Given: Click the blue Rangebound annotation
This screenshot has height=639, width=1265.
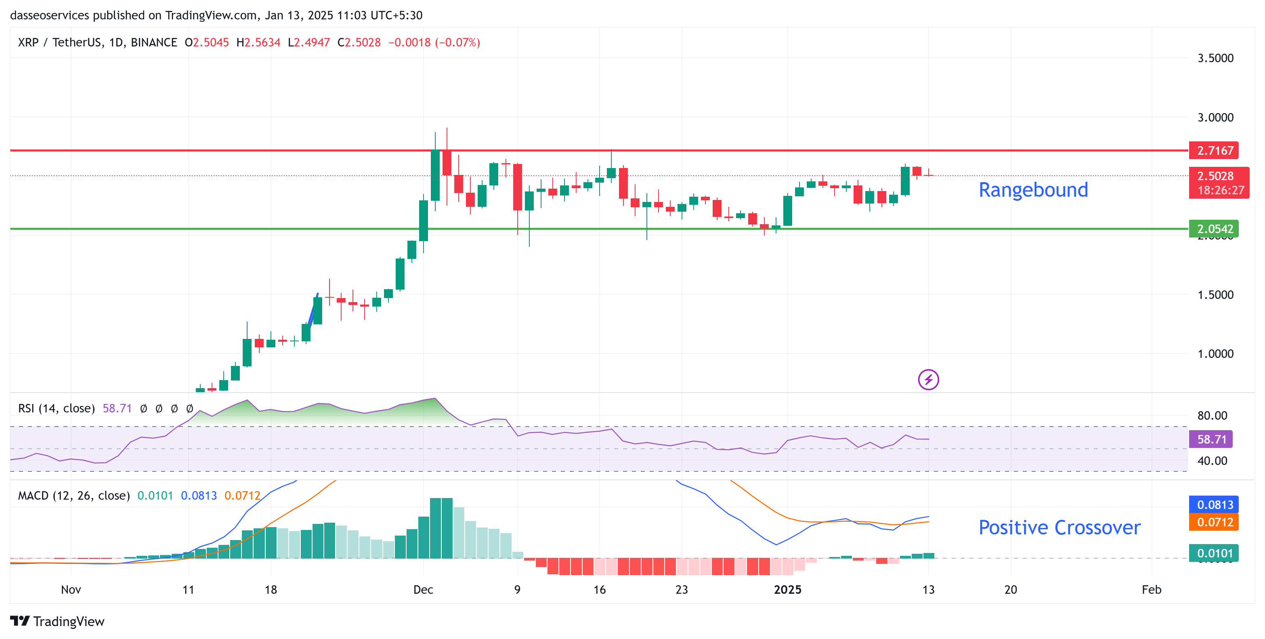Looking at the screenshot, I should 1033,190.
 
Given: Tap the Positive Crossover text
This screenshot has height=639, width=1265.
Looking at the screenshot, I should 1059,528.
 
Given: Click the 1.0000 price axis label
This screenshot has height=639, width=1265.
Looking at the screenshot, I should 1215,354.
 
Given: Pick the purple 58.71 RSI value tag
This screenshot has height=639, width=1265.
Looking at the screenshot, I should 1210,439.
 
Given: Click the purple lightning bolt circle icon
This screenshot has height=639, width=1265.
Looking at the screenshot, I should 928,380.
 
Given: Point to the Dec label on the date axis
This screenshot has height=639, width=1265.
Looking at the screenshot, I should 423,589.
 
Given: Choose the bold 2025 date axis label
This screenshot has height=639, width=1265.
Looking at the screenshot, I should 787,589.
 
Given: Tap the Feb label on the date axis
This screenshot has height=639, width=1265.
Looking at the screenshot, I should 1151,589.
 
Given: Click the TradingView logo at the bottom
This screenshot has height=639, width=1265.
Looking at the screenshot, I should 57,621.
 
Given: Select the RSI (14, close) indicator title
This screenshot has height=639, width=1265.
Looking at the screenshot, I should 57,408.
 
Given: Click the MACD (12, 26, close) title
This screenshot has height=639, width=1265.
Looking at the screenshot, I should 73,496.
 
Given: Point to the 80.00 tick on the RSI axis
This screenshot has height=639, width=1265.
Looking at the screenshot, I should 1212,416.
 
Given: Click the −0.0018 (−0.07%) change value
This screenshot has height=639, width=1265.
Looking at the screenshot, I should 434,43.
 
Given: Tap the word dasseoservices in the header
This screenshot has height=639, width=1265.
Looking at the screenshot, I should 50,15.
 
